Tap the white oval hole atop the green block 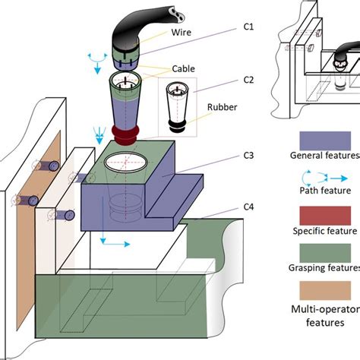pos(126,161)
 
